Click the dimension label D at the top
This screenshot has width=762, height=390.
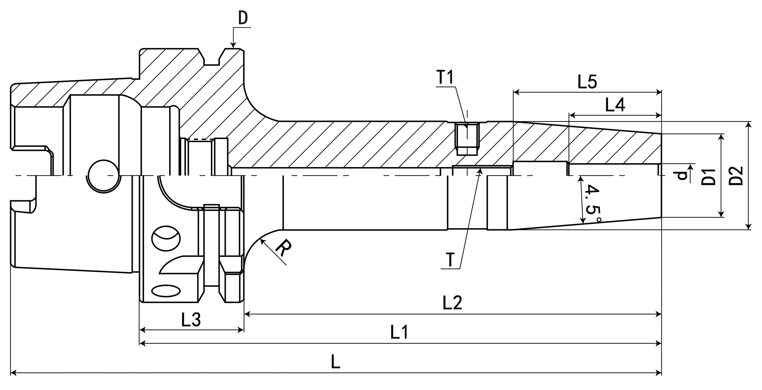coord(243,18)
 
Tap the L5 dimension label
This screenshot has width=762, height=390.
coord(587,82)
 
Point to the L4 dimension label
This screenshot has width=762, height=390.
coord(615,105)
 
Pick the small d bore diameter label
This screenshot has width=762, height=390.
coord(682,176)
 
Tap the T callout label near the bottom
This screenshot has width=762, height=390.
coord(450,260)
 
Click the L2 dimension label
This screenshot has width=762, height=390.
coord(452,303)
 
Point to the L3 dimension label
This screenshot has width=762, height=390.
coord(191,320)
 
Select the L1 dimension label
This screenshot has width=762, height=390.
coord(399,332)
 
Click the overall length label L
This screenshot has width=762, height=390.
coord(336,362)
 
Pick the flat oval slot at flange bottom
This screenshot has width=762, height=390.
coord(166,291)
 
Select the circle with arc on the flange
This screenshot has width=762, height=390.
coord(166,239)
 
